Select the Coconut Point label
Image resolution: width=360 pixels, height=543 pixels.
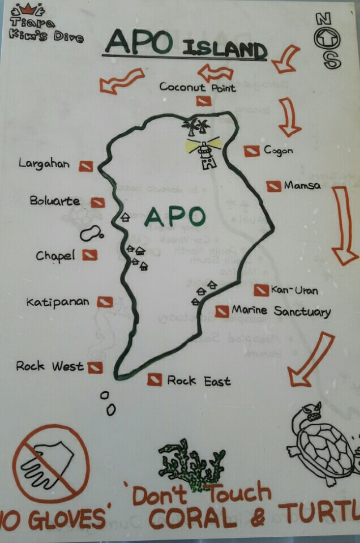click(198, 87)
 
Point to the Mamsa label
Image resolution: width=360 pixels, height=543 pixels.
click(302, 186)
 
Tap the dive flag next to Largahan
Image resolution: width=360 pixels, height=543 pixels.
click(85, 166)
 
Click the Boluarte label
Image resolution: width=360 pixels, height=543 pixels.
click(55, 201)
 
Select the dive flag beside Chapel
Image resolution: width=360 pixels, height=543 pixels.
click(89, 256)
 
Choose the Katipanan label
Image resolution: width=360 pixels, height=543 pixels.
click(58, 302)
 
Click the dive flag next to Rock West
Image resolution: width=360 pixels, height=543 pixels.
click(95, 367)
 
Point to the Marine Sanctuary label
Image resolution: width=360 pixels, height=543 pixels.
click(281, 311)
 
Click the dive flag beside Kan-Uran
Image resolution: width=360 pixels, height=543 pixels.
click(261, 290)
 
